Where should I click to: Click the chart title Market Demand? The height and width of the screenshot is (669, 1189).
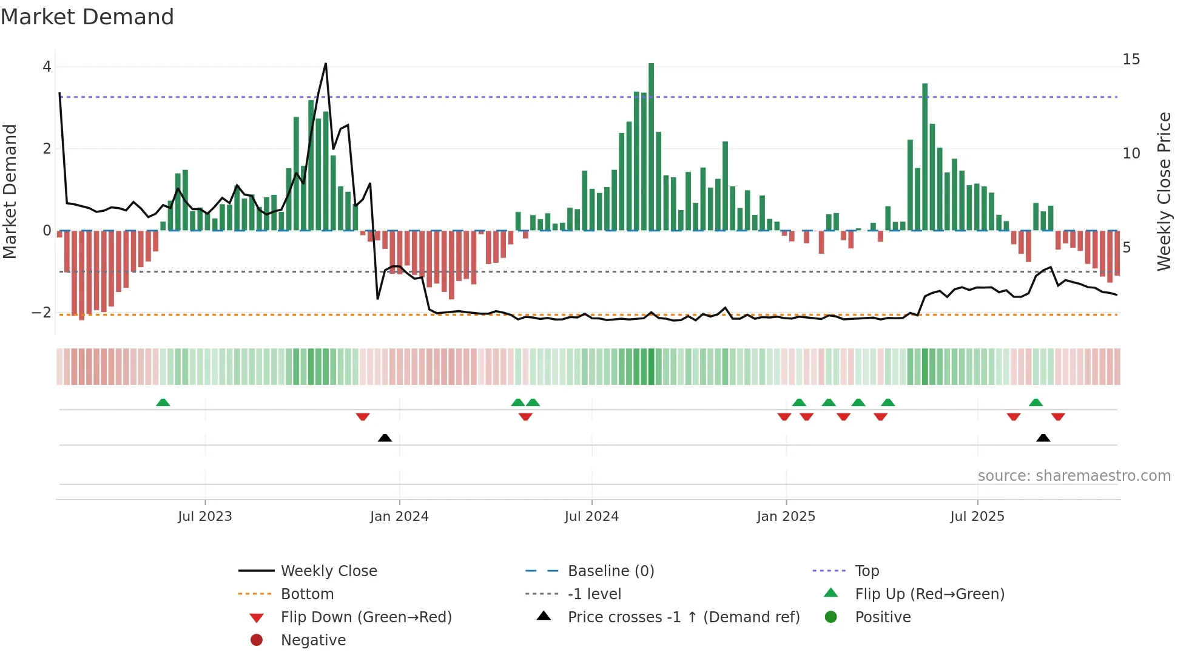click(87, 17)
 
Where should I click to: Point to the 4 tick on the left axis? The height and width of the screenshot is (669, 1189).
click(47, 67)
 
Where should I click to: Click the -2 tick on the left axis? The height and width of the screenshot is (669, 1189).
click(42, 313)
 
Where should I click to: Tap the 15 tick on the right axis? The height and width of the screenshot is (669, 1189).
click(1131, 59)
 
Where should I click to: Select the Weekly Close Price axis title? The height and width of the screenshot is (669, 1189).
click(1164, 191)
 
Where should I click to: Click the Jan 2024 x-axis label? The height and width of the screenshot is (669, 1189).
click(399, 517)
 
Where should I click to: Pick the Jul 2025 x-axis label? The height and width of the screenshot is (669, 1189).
click(977, 517)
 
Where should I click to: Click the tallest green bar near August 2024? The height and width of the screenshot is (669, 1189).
click(651, 146)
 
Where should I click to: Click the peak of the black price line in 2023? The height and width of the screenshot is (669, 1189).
click(326, 64)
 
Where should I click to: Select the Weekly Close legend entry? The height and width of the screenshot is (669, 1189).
click(328, 571)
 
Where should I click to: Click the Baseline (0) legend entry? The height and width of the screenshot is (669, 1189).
click(610, 571)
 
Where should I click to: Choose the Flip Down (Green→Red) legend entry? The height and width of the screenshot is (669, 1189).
click(366, 617)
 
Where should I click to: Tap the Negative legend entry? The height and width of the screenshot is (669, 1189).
click(313, 640)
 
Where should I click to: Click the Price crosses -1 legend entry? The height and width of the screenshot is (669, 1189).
click(683, 617)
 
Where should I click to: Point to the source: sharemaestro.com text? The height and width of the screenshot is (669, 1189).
click(1074, 476)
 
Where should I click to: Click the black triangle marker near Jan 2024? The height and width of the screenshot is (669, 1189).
click(385, 438)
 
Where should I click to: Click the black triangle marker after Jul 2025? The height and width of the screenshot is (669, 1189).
click(1043, 438)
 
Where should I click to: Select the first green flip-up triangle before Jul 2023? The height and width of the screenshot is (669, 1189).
click(163, 402)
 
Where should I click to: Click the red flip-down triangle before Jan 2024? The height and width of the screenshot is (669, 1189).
click(363, 416)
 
